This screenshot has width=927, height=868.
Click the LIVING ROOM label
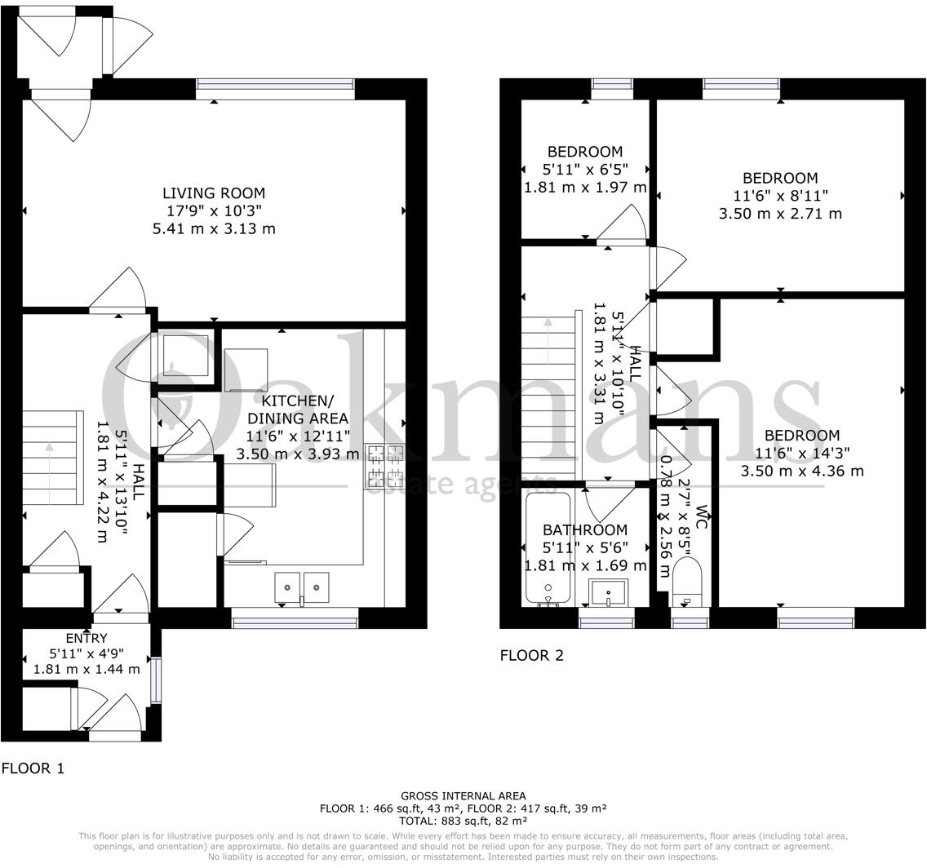214,193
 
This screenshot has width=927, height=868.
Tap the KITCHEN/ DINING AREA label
297,410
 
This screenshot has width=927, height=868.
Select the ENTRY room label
86,638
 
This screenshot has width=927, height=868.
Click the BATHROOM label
585,530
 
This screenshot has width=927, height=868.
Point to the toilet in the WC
687,582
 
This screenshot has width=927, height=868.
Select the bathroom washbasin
609,592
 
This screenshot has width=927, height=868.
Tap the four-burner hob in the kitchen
385,464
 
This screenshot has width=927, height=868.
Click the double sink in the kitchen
301,587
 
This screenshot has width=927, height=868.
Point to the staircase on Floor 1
51,458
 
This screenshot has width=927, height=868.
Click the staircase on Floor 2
548,398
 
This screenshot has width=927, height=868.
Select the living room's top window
276,89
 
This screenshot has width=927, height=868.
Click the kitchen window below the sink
295,618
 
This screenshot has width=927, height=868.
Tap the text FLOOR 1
33,768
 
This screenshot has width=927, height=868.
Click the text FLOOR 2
532,655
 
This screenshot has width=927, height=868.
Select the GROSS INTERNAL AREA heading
463,796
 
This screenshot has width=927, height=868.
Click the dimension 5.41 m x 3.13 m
214,228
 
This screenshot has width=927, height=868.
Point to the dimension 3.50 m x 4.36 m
802,471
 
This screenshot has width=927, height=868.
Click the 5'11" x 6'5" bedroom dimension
585,170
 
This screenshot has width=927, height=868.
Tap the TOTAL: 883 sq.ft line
463,821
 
